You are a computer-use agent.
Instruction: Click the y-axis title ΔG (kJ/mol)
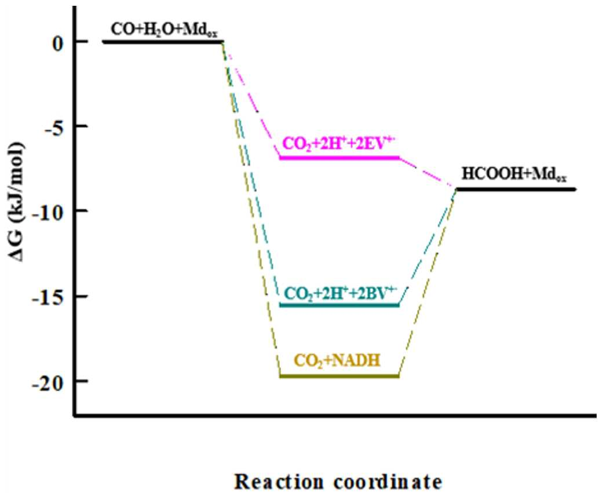pos(17,201)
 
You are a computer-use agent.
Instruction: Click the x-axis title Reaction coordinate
pos(338,481)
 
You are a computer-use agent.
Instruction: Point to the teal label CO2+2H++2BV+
pos(341,293)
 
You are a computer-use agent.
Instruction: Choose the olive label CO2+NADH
pos(337,361)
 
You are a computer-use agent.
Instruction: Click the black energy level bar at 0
pos(163,41)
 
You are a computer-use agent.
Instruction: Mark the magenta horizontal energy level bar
pos(339,158)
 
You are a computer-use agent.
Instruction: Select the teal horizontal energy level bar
pos(339,305)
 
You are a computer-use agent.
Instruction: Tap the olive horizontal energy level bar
pos(339,376)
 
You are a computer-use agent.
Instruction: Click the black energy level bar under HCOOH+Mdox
pos(516,189)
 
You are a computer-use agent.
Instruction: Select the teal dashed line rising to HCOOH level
pos(427,247)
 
